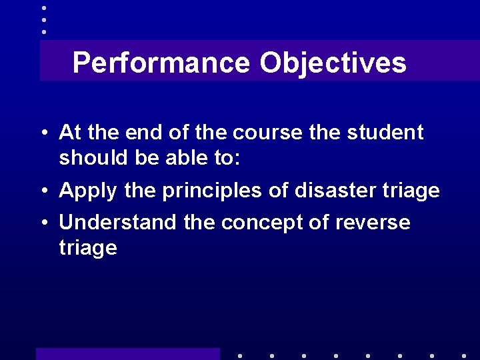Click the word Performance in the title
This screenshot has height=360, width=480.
click(162, 63)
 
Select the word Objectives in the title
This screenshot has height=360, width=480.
click(333, 63)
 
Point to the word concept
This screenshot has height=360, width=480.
click(264, 223)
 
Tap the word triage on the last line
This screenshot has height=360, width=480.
click(88, 249)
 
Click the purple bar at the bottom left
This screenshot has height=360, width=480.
click(127, 353)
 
